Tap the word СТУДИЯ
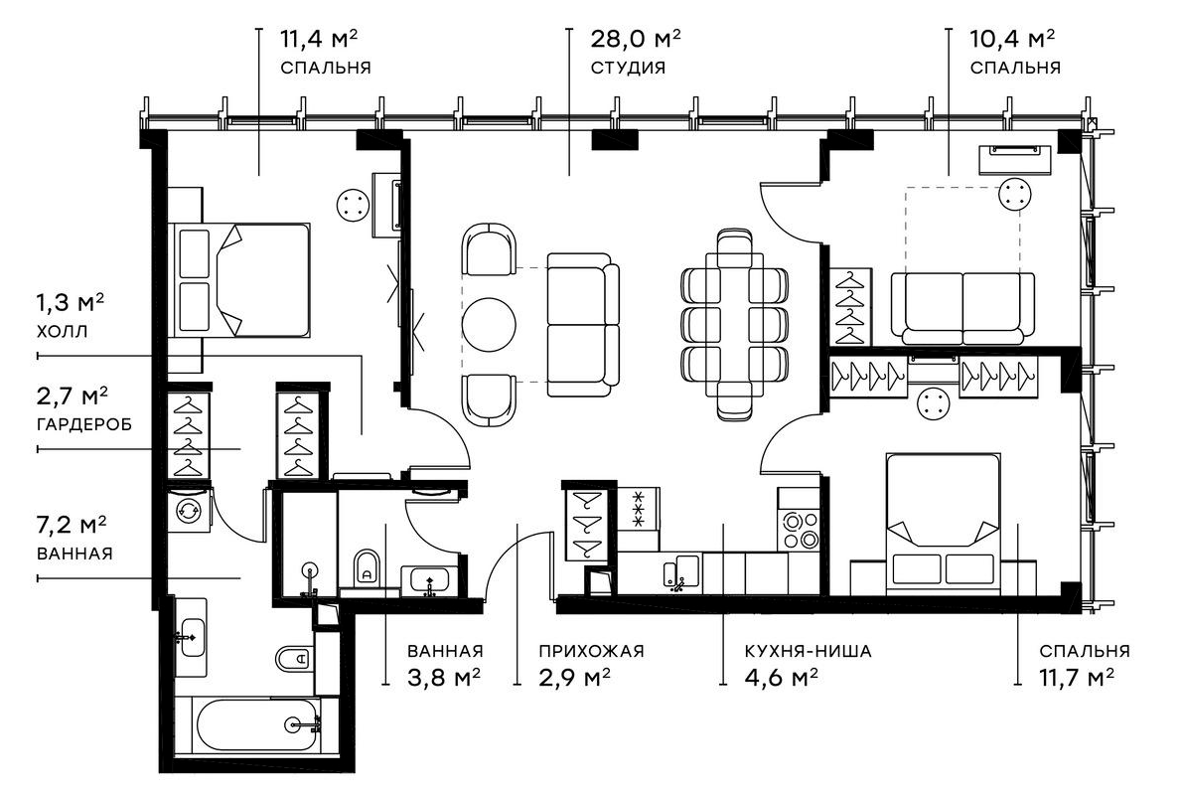(628, 69)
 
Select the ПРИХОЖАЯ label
(591, 652)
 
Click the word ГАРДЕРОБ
(83, 424)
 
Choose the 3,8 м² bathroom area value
(444, 678)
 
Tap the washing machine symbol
(188, 511)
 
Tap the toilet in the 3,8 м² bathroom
(367, 568)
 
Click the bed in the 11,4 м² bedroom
(243, 281)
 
